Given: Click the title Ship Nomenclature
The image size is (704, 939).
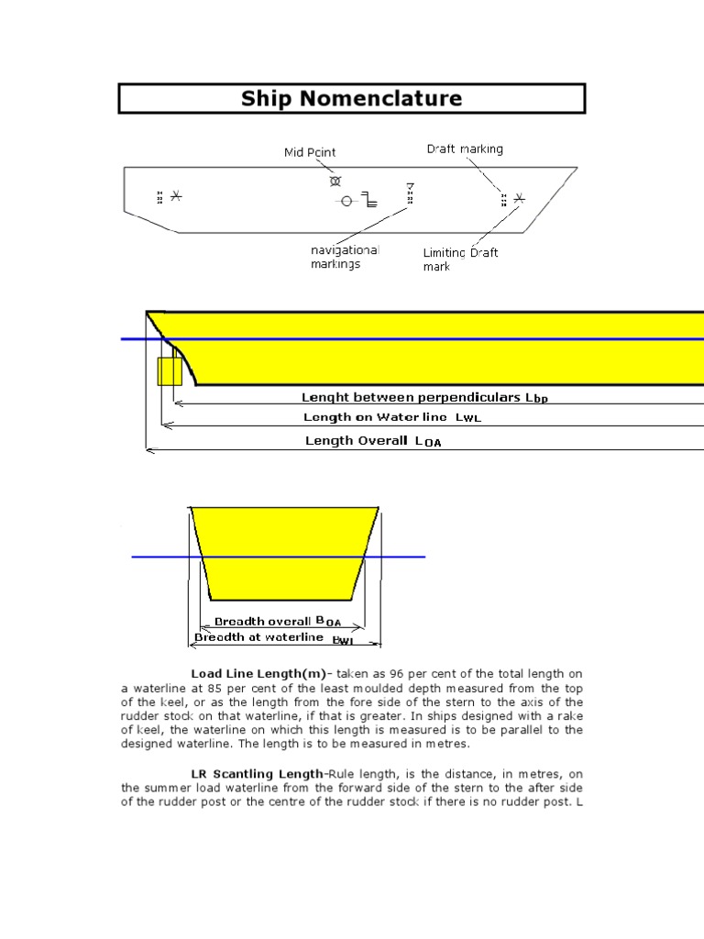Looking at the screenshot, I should [x=351, y=98].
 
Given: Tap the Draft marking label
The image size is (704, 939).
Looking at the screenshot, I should [x=465, y=149].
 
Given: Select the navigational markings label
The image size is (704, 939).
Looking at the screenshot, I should [x=344, y=257].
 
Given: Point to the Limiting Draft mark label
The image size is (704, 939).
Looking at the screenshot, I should [x=460, y=260].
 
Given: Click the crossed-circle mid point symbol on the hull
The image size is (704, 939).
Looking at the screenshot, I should [x=335, y=181].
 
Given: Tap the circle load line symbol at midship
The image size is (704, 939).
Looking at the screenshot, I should [x=346, y=201].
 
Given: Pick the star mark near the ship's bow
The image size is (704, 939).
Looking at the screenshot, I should [x=519, y=198].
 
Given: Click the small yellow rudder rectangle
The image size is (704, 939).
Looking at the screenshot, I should [x=168, y=371].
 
